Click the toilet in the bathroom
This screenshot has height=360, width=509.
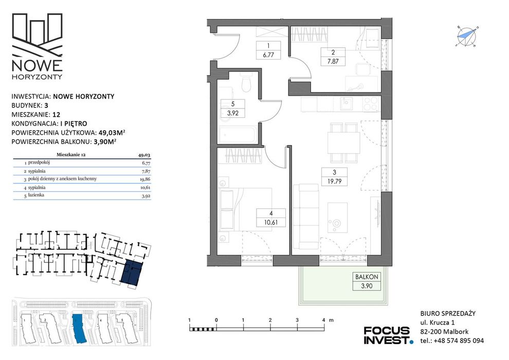point(247,84)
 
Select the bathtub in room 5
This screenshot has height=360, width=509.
point(238,134)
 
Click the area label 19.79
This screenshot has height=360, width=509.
point(334,182)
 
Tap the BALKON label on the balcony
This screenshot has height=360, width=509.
point(367,277)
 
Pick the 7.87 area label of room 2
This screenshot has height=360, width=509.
point(333,61)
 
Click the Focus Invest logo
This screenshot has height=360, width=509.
point(388,335)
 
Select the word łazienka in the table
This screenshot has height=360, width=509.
point(36,195)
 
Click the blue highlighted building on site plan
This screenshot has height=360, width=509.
point(78,328)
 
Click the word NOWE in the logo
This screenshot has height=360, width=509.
point(37,65)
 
